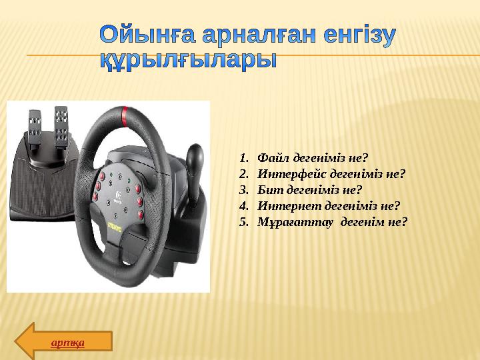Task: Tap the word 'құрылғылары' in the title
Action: pyautogui.click(x=188, y=59)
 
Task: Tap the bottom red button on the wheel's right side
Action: pyautogui.click(x=141, y=215)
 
